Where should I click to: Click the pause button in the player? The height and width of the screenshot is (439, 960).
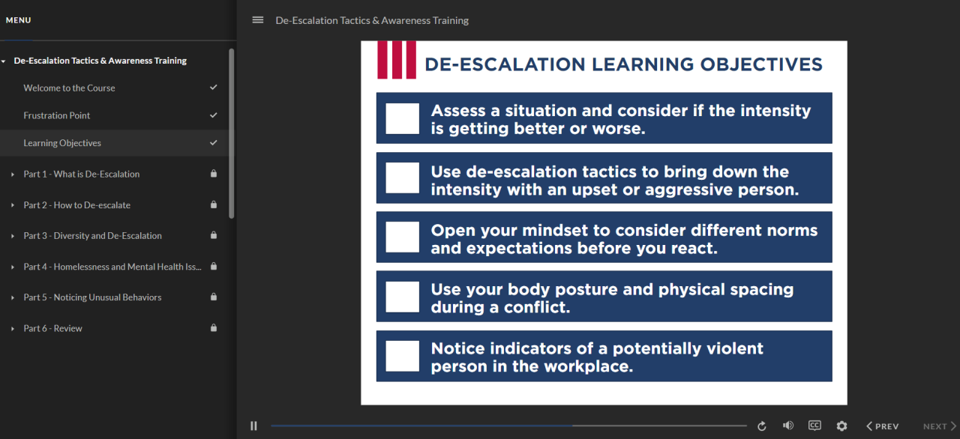pos(253,426)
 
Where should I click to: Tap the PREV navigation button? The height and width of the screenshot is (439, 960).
pos(882,426)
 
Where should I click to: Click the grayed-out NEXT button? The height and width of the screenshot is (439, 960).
pos(939,426)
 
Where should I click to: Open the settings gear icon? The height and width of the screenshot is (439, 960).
pos(841,426)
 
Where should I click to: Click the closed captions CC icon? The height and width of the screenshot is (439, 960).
pos(814,426)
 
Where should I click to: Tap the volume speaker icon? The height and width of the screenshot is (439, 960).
pos(787,426)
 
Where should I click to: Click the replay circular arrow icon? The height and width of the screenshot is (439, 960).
pos(762,426)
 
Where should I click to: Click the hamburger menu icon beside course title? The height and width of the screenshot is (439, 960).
pos(258,20)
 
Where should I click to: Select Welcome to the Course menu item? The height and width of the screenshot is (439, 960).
pos(69,88)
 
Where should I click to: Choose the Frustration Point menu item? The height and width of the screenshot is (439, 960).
pos(56,115)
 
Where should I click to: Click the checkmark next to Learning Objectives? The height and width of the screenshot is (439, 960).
pos(214,142)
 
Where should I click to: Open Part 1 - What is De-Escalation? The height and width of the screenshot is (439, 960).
pos(81,174)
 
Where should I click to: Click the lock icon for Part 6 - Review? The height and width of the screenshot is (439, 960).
pos(214,328)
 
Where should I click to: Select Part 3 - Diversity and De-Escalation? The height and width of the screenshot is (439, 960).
pos(92,235)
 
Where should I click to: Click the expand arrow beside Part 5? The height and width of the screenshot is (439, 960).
pos(13,297)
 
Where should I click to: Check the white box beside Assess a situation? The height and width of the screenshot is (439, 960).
pos(402,118)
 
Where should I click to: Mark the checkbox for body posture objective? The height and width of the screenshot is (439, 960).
pos(402,297)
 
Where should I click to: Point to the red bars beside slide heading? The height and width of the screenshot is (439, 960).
pos(396,60)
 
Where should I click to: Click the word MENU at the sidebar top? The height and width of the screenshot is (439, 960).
pos(19,20)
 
